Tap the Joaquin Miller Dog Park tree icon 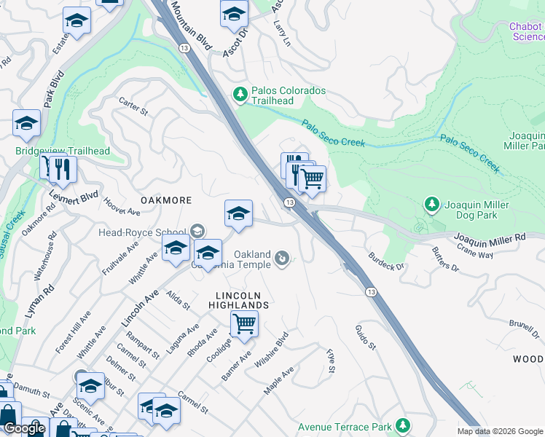click(432, 204)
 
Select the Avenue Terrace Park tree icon click(401, 426)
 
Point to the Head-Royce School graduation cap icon click(197, 232)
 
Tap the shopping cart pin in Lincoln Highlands click(244, 323)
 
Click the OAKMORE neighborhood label click(167, 200)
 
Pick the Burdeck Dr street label click(385, 261)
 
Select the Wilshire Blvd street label click(272, 351)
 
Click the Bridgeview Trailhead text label click(63, 151)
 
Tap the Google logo click(24, 428)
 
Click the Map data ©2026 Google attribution click(500, 431)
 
